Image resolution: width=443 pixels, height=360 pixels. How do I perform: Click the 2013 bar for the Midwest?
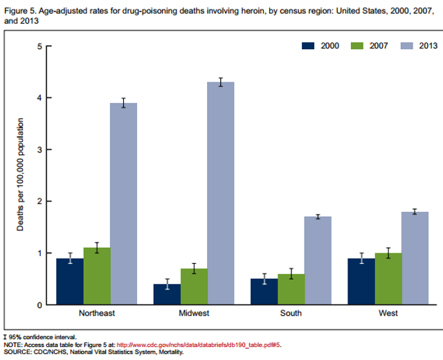(221, 194)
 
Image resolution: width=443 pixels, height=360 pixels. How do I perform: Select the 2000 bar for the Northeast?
(70, 282)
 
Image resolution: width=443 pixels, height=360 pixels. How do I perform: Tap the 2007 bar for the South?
(291, 289)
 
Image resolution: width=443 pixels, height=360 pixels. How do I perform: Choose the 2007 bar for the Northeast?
(97, 276)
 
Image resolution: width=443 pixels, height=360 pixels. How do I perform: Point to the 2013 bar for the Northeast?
(124, 204)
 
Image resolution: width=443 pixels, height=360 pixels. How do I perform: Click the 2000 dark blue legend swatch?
(308, 46)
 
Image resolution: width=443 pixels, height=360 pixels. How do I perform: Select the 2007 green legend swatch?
(356, 46)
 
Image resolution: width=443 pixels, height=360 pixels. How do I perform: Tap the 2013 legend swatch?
(405, 46)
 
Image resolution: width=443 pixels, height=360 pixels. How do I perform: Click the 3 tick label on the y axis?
(39, 150)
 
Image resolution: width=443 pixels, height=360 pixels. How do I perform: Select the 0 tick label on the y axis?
(39, 305)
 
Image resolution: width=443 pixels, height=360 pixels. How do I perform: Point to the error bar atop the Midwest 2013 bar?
(221, 82)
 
